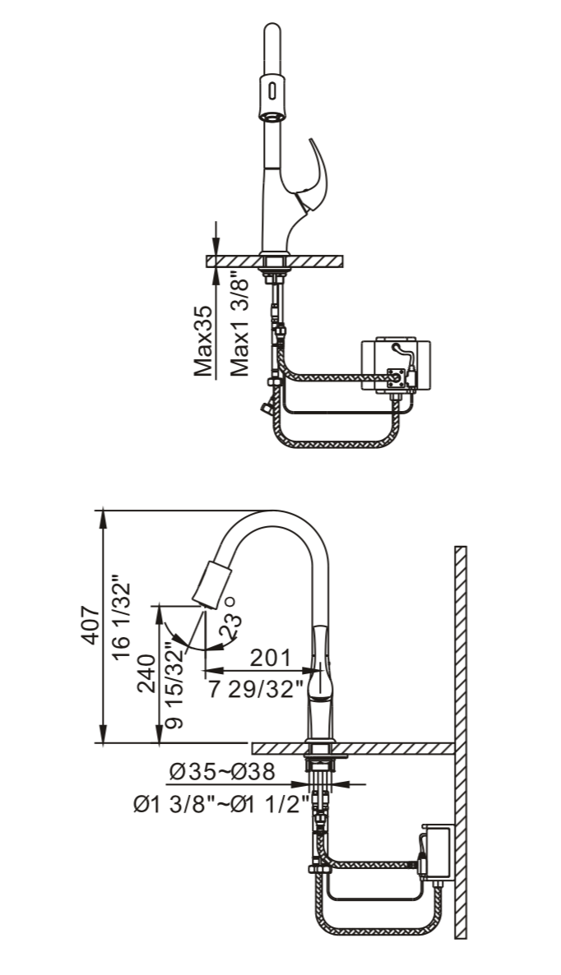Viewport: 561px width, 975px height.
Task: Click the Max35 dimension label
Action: point(204,340)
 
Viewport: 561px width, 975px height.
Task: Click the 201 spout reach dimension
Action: point(271,658)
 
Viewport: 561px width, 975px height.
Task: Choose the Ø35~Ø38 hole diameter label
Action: point(221,772)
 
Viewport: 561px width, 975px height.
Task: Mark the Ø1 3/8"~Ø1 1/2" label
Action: point(221,803)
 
